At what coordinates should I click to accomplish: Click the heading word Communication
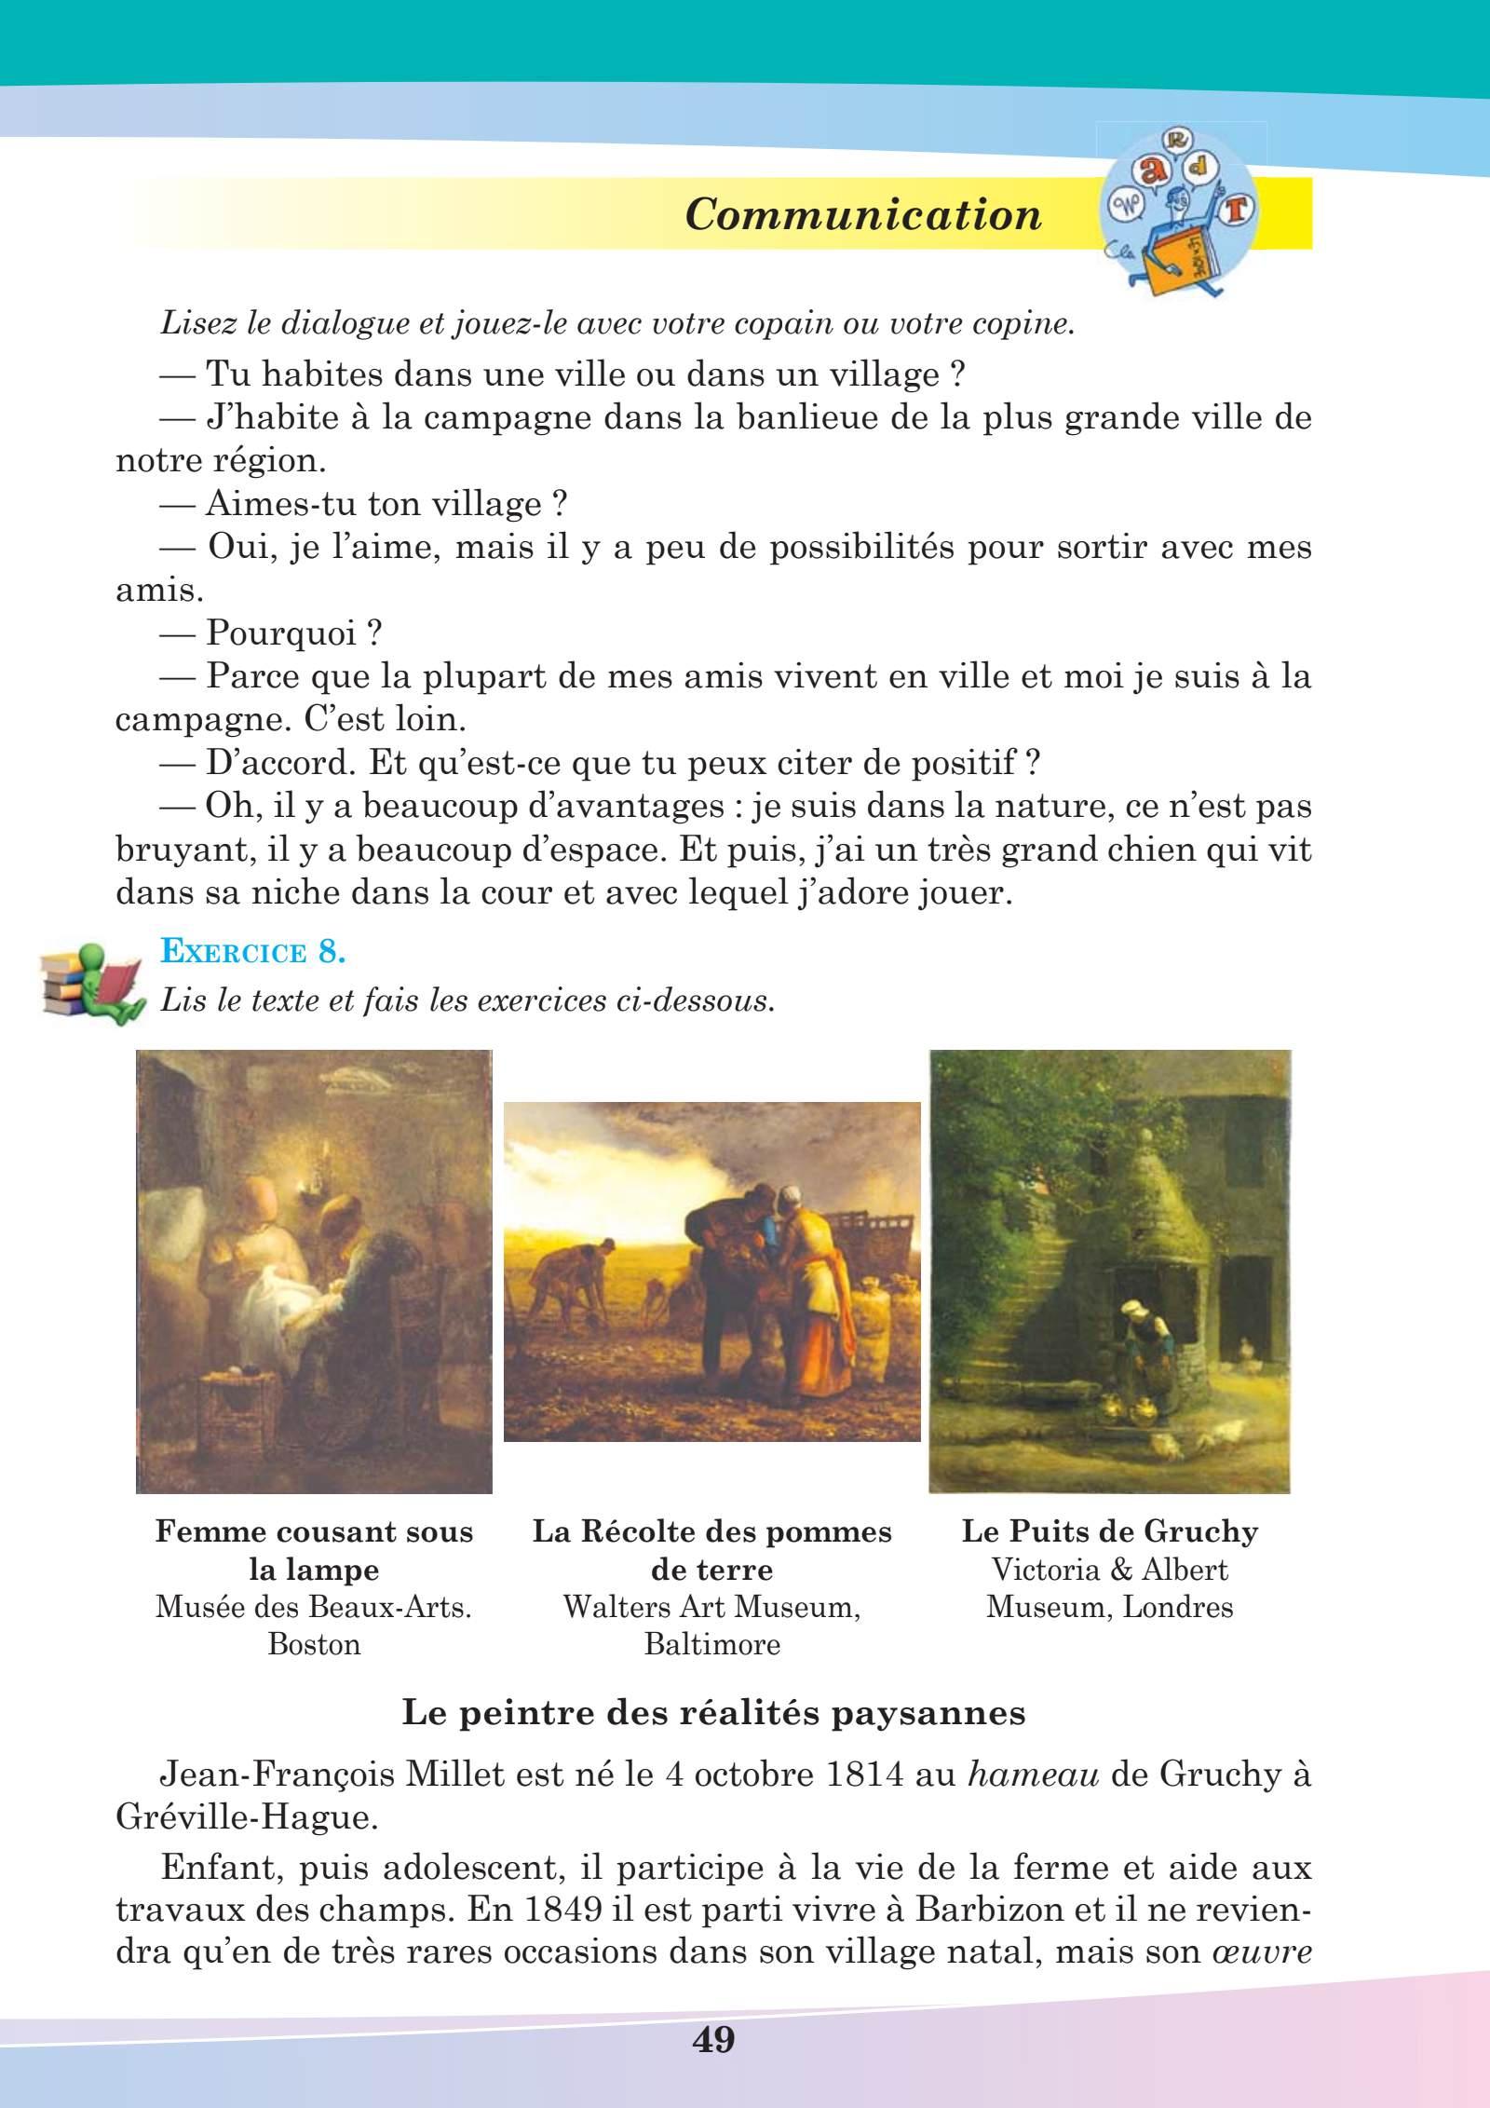coord(862,215)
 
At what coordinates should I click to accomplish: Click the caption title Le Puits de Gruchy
coord(1109,1531)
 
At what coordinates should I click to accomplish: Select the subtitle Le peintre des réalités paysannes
coord(713,1714)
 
